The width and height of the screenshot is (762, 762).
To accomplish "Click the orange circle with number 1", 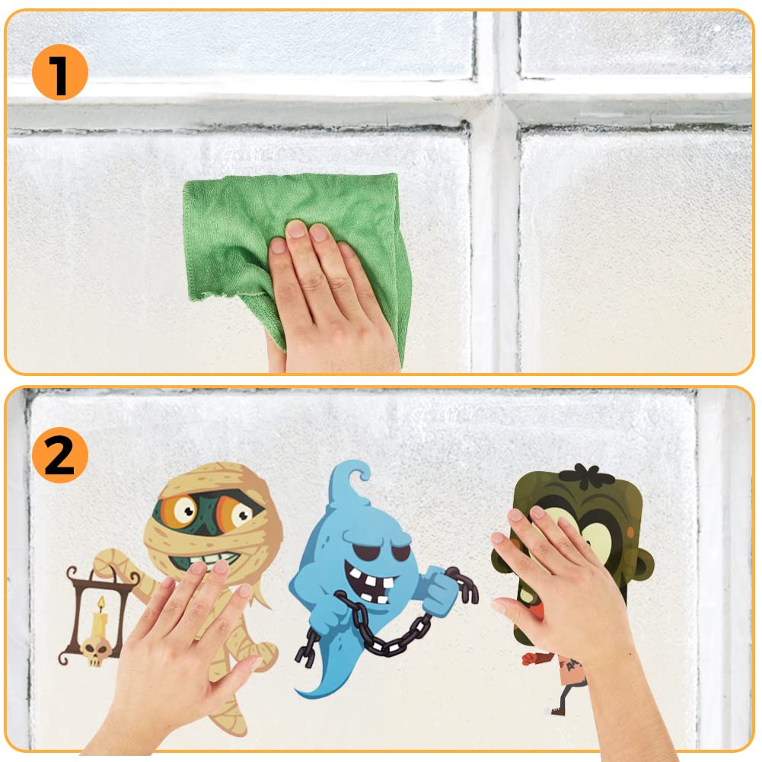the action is (x=60, y=72).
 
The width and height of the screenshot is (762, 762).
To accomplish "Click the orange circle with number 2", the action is (x=60, y=455).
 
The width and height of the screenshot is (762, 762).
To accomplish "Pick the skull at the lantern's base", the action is (x=95, y=651).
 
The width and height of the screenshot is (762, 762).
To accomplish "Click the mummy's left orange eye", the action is (x=180, y=510).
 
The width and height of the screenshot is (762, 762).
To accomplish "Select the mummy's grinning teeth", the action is (x=209, y=559).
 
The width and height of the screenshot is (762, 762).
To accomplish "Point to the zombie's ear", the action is (x=643, y=569).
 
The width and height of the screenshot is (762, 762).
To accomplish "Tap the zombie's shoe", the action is (x=557, y=710).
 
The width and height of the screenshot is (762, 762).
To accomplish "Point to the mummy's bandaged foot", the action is (x=231, y=720).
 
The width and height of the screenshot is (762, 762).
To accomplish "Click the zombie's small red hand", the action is (x=529, y=659).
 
